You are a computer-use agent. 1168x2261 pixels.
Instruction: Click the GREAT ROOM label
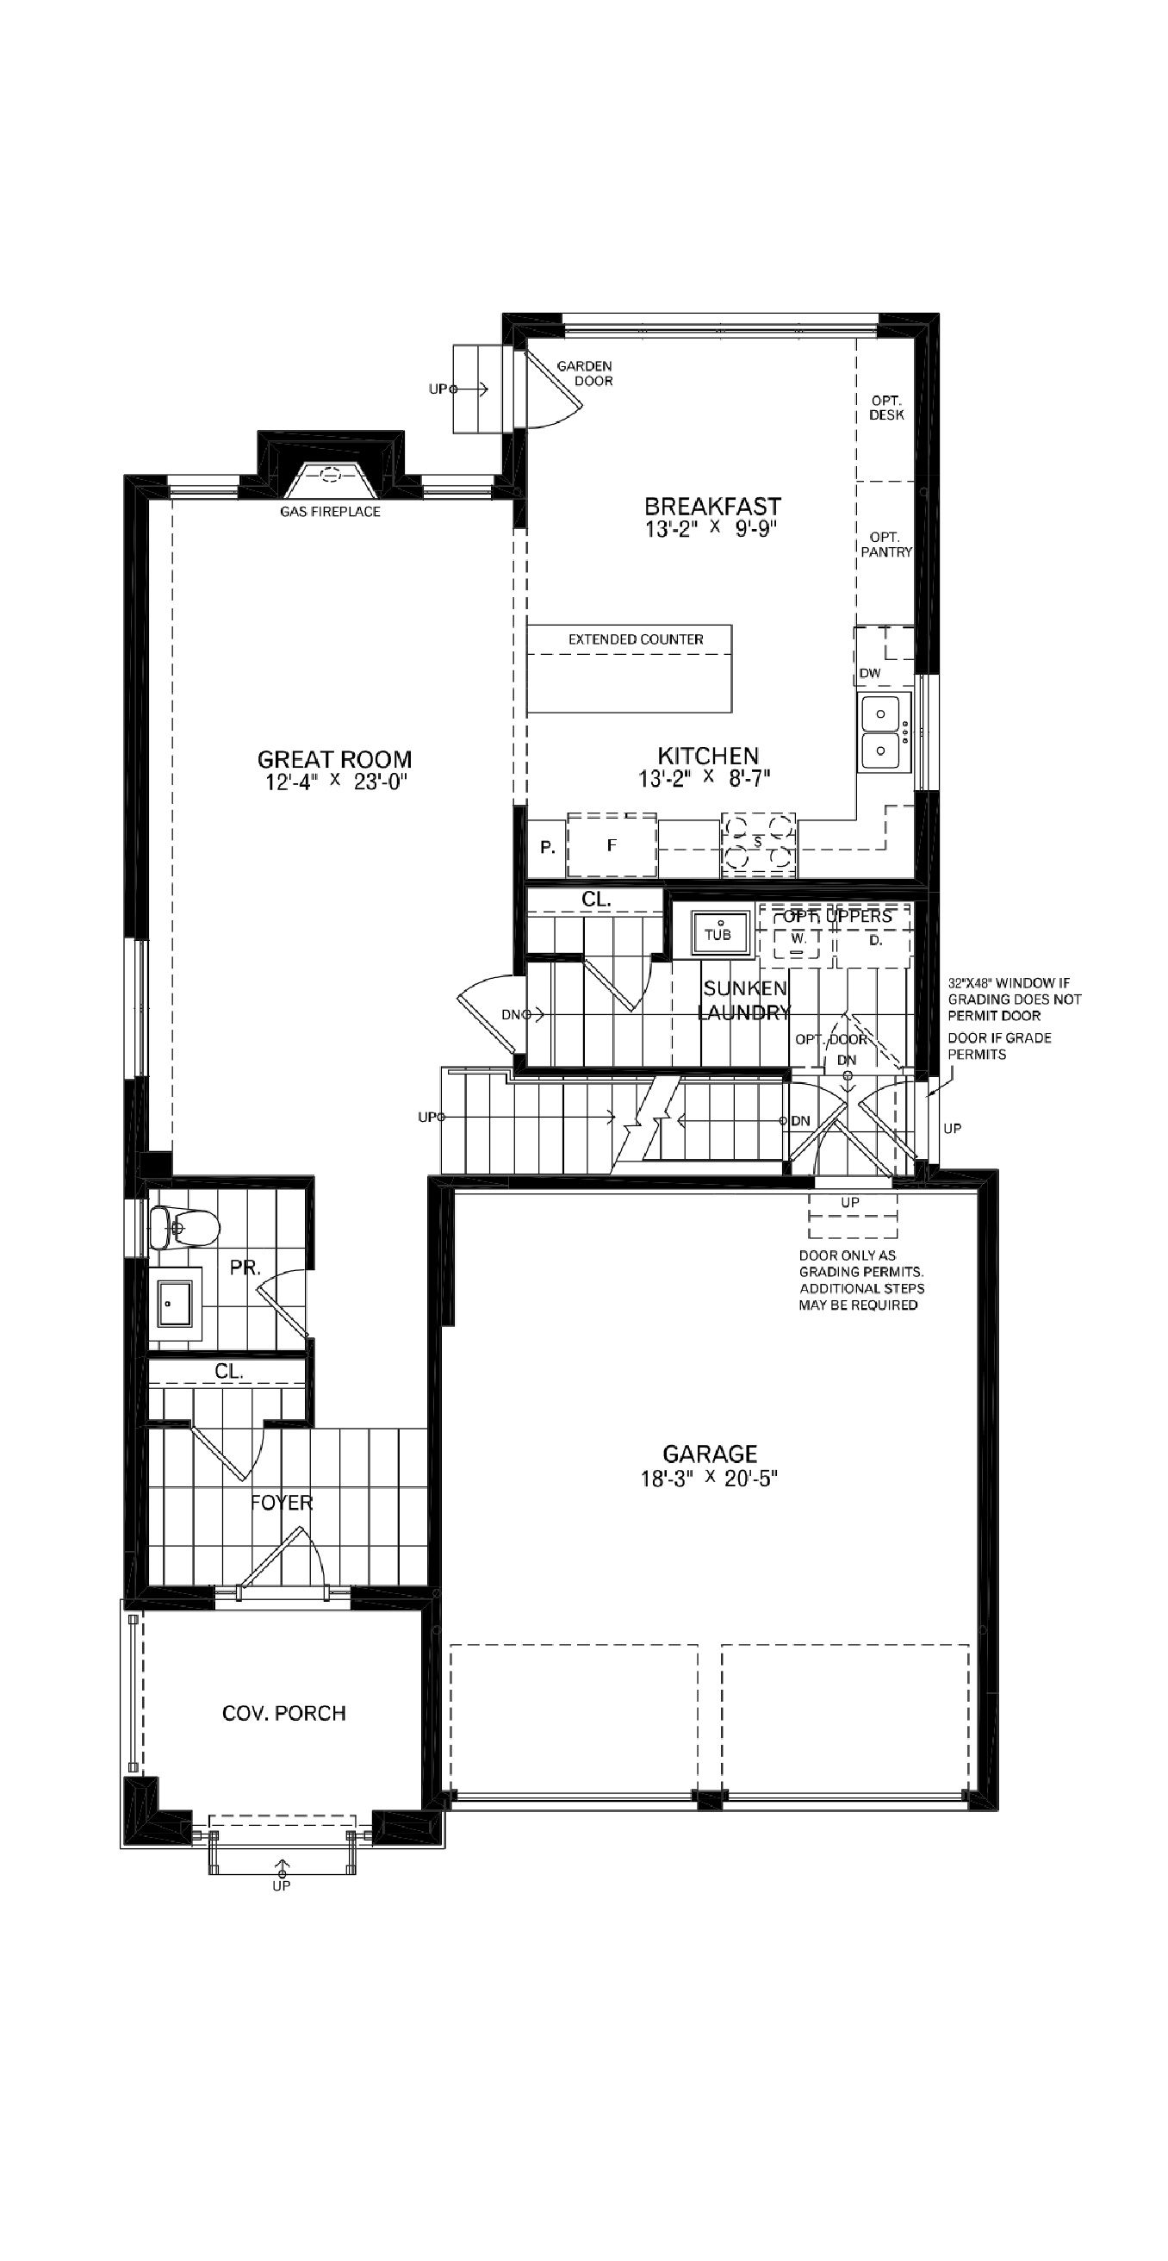[334, 758]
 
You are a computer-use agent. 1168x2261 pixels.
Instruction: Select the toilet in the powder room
[183, 1227]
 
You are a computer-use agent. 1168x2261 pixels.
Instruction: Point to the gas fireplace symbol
[330, 476]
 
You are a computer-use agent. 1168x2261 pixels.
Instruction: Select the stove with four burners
[758, 844]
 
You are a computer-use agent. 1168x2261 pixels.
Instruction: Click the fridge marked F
[612, 844]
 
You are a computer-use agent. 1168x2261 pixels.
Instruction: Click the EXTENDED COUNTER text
[636, 639]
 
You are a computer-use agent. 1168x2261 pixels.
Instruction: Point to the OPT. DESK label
[886, 408]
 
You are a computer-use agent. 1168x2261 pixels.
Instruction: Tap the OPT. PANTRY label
[886, 545]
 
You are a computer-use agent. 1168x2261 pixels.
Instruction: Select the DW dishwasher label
[870, 673]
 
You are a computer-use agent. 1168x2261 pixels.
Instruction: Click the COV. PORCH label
[283, 1712]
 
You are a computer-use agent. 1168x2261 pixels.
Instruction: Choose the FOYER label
[281, 1502]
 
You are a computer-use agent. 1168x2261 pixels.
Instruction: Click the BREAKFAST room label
[711, 507]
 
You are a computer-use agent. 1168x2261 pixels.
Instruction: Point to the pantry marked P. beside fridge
[547, 848]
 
